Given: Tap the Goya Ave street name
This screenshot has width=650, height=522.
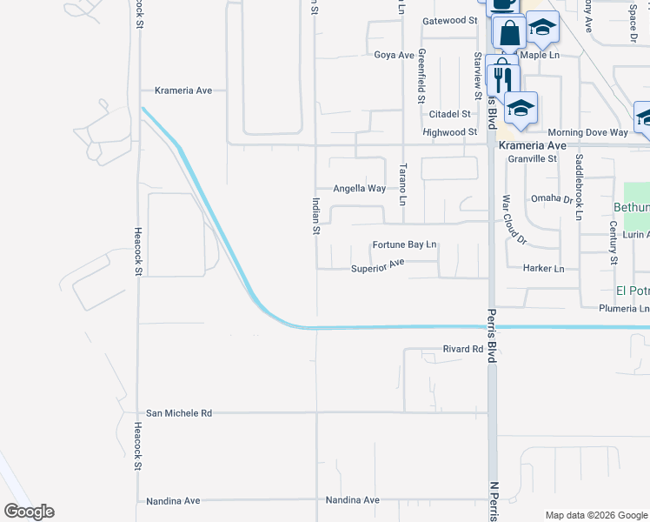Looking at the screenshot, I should [x=394, y=55].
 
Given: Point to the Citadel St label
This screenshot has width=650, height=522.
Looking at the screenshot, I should [x=448, y=114].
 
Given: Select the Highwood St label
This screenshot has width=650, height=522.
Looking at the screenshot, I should [x=449, y=132].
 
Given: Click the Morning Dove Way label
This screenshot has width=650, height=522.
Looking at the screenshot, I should [x=587, y=132].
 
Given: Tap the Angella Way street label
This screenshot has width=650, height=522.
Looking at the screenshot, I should [x=360, y=188].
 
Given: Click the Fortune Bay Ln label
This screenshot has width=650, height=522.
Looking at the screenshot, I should [x=404, y=245].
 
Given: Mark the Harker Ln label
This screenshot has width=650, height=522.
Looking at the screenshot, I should [x=544, y=269].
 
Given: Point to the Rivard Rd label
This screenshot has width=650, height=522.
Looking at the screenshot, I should [x=462, y=349].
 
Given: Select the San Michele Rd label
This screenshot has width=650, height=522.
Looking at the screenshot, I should [x=179, y=413].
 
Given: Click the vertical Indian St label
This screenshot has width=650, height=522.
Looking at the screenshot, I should [x=316, y=216].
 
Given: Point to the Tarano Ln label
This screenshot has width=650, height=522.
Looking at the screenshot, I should [x=402, y=184].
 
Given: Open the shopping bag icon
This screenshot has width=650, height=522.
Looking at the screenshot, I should [x=510, y=33].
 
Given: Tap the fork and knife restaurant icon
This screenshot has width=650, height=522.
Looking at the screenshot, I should [x=502, y=80].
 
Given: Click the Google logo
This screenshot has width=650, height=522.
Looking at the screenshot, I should [x=28, y=512].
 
